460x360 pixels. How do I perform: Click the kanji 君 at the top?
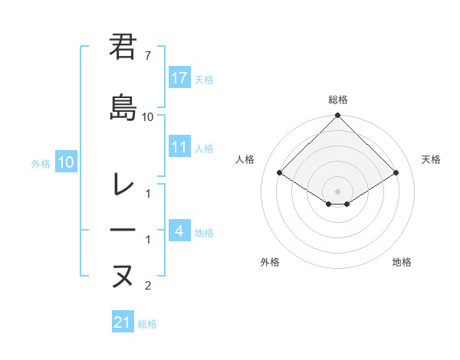pyautogui.click(x=123, y=47)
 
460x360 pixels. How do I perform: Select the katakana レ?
pyautogui.click(x=123, y=184)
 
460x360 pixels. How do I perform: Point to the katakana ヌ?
pyautogui.click(x=123, y=275)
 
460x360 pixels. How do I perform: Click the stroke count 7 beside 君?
pyautogui.click(x=148, y=57)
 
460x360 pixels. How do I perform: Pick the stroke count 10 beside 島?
pyautogui.click(x=148, y=117)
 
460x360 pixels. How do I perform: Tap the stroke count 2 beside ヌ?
pyautogui.click(x=148, y=286)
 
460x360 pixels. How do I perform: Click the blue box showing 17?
pyautogui.click(x=179, y=78)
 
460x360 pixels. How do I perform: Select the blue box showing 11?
pyautogui.click(x=179, y=148)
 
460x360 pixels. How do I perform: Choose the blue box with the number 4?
pyautogui.click(x=179, y=231)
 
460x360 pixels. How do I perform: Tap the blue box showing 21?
pyautogui.click(x=122, y=323)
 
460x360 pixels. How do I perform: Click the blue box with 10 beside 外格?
pyautogui.click(x=65, y=162)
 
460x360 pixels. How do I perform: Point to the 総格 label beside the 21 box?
pyautogui.click(x=147, y=324)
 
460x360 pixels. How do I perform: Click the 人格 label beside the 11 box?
pyautogui.click(x=204, y=149)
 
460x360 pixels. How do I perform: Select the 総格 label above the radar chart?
pyautogui.click(x=338, y=100)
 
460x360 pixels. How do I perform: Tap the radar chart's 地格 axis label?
pyautogui.click(x=402, y=262)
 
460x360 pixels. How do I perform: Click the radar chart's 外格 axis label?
pyautogui.click(x=270, y=262)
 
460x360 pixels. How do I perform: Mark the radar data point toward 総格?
pyautogui.click(x=338, y=116)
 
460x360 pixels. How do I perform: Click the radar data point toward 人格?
pyautogui.click(x=280, y=173)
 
